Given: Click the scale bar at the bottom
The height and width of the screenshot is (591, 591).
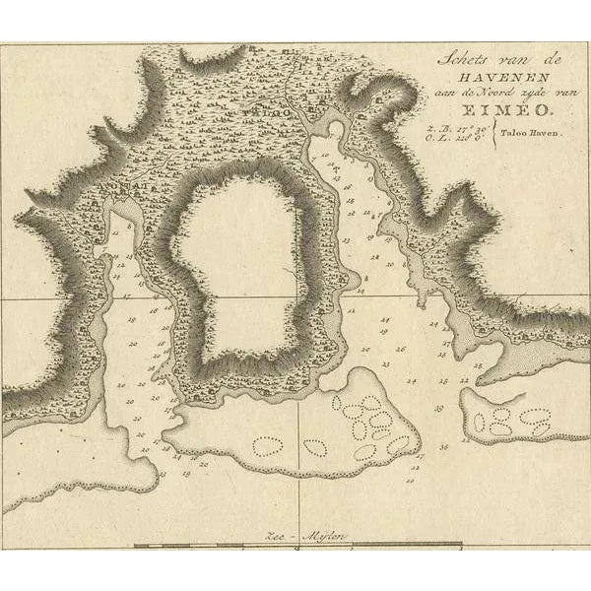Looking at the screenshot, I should pyautogui.click(x=295, y=545).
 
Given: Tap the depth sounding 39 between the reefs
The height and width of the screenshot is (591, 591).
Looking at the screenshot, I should pyautogui.click(x=434, y=407).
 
